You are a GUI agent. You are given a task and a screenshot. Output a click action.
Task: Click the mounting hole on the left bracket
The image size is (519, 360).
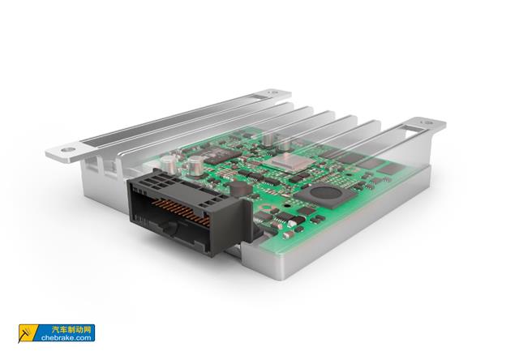[67, 150]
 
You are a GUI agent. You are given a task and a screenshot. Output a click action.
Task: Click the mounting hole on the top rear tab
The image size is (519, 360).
[272, 92]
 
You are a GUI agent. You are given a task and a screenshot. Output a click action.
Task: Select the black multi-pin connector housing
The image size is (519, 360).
[190, 212]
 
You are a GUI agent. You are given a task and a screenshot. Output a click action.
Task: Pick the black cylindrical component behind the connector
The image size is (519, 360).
[241, 189]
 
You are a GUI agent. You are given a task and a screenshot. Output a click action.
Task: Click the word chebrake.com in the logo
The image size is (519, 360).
[66, 338]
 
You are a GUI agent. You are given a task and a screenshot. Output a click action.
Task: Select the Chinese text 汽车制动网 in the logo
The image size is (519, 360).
[71, 329]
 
